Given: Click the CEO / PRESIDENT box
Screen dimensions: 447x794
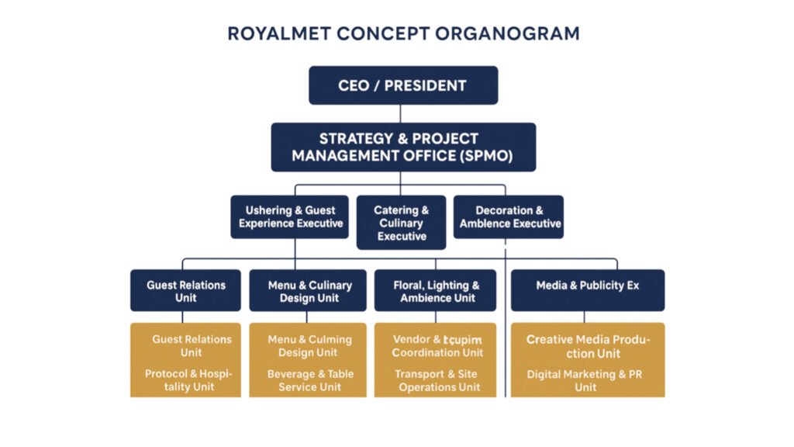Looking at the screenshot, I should pos(402,85).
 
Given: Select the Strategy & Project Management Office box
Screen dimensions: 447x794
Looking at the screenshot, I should pos(402,147).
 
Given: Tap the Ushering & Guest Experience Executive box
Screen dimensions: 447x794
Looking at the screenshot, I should pos(291,217).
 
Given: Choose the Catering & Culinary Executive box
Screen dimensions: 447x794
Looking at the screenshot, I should pos(402,223).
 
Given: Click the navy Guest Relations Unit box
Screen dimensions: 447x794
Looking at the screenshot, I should pos(182,291).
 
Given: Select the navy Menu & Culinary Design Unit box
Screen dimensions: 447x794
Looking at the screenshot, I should pos(309,291).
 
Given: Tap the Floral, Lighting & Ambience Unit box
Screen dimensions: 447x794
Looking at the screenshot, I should pos(437,291).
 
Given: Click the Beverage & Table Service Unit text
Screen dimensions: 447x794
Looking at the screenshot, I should pos(310,380).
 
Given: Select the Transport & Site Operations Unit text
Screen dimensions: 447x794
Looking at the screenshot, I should pos(438,380).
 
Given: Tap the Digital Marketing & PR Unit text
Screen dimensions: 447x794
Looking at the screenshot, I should pos(587,380).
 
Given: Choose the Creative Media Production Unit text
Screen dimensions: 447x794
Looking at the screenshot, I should pos(588,346).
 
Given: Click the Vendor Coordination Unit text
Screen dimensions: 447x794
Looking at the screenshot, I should pos(437,346).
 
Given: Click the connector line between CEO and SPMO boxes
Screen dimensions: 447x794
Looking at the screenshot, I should pos(402,113).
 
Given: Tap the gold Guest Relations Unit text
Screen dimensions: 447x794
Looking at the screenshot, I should pos(192,345).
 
